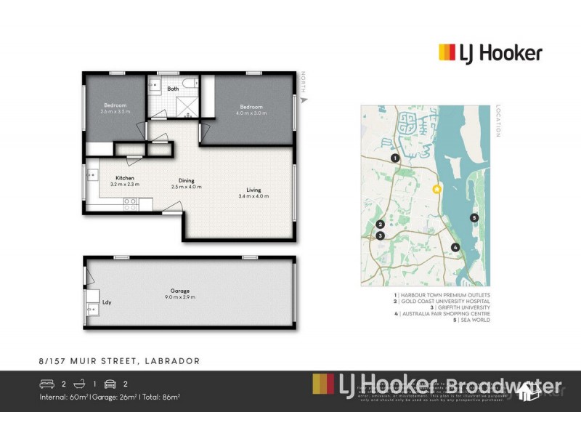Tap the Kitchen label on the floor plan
pos(125,178)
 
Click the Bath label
pos(173,89)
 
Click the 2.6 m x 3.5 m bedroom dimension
pos(115,113)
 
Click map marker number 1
pos(394,158)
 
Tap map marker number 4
pos(455,247)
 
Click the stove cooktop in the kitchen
pos(130,206)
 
